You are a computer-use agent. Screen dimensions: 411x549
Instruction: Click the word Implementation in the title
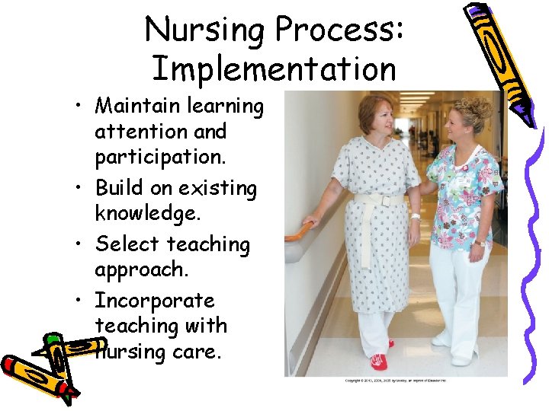click(274, 68)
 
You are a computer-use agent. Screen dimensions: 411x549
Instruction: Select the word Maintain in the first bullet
click(138, 107)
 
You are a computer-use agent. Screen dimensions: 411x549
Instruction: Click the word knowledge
click(148, 212)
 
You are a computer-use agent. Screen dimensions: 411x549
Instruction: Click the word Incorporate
click(155, 301)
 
